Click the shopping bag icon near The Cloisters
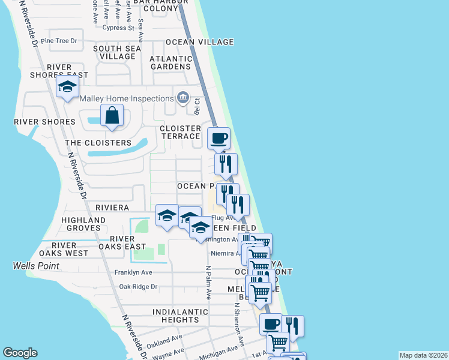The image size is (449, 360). [x=112, y=115]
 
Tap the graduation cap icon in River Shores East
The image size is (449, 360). [x=67, y=87]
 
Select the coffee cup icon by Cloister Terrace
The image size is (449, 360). [x=218, y=138]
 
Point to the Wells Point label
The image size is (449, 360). [x=36, y=265]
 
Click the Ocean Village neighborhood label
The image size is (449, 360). [x=199, y=42]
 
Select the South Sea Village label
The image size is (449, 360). [x=117, y=52]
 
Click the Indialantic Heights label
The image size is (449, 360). [x=175, y=316]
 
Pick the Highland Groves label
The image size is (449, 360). [x=83, y=224]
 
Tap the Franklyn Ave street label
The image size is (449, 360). [x=133, y=272]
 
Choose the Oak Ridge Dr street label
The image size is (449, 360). [x=138, y=287]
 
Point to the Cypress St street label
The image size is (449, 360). [x=118, y=28]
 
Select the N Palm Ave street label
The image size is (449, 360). [x=208, y=283]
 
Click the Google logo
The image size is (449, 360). [x=20, y=353]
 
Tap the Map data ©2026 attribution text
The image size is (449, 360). [x=423, y=355]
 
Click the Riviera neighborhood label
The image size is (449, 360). [x=112, y=208]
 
